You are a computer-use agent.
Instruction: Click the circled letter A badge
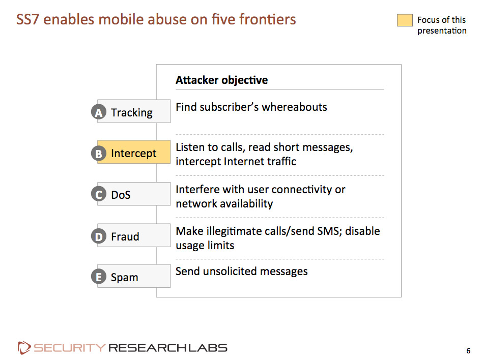(x=99, y=112)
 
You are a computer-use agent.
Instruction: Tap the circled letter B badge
(x=99, y=153)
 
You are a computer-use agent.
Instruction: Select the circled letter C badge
(x=99, y=194)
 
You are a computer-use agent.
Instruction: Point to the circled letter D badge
(x=99, y=236)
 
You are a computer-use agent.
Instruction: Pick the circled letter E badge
(x=99, y=277)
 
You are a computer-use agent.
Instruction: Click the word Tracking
(x=131, y=113)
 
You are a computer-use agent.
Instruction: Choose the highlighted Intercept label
(x=134, y=153)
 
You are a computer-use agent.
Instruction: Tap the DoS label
(x=121, y=195)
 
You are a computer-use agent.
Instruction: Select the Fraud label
(x=125, y=236)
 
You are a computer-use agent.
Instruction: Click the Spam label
(x=125, y=278)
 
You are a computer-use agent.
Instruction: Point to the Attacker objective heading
(x=222, y=80)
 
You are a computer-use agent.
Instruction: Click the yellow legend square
(x=405, y=20)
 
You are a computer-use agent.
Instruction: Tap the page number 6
(x=468, y=351)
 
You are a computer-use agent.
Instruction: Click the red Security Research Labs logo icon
(x=24, y=348)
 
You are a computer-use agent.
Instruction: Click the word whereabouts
(x=294, y=107)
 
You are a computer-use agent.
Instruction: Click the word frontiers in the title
(x=267, y=19)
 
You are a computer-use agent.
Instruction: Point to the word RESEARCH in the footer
(x=147, y=348)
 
